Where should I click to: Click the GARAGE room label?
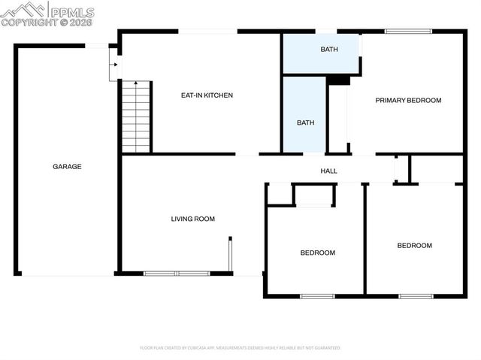tap(67, 166)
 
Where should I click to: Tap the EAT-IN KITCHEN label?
tap(207, 95)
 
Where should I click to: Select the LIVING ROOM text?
tap(192, 219)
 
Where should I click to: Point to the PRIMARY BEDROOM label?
tap(408, 100)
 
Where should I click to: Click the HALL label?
tap(328, 171)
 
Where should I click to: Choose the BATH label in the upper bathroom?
tap(328, 50)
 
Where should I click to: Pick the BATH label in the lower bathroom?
tap(304, 123)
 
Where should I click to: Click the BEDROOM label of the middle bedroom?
tap(317, 253)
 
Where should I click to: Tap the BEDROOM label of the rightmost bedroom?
tap(415, 246)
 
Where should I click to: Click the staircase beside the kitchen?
tap(136, 116)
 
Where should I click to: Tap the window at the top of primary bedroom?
tap(409, 32)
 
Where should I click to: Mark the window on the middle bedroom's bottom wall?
tap(317, 296)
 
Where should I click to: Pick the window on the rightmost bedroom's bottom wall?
tap(416, 296)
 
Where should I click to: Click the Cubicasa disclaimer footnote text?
tap(240, 348)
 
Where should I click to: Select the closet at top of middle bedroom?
tap(314, 194)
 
